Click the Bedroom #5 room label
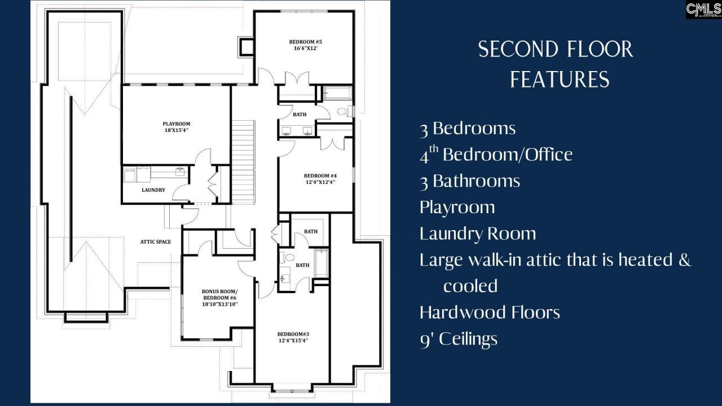point(305,42)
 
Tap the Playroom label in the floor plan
point(177,123)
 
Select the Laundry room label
point(153,190)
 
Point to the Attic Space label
point(155,242)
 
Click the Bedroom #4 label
point(320,176)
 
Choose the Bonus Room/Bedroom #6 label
point(220,294)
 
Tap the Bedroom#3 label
point(293,334)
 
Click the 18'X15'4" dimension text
point(177,130)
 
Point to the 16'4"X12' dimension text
point(306,48)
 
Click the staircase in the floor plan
point(243,162)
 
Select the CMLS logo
point(703,10)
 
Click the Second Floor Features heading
point(556,64)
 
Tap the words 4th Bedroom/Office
point(496,154)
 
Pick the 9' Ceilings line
point(459,339)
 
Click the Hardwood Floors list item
point(490,312)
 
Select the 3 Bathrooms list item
point(470,181)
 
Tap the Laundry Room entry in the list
point(478,233)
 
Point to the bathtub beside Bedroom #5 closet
point(337,93)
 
